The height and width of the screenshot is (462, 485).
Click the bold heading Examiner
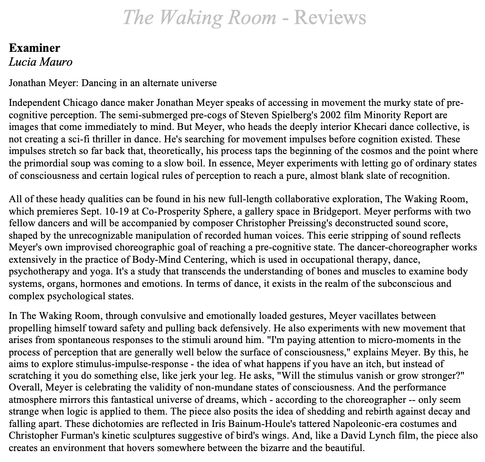[34, 48]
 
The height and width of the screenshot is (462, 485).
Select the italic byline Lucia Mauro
[41, 62]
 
